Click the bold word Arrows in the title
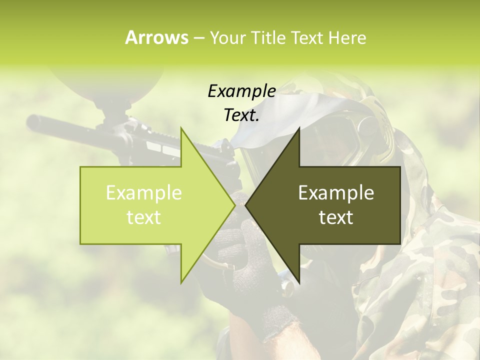tap(156, 37)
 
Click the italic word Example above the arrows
tap(241, 91)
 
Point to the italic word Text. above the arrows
tap(241, 115)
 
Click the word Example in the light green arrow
tap(144, 193)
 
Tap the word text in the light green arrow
tap(144, 217)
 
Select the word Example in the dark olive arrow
tap(336, 193)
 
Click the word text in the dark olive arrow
tap(336, 217)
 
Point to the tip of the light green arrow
tap(233, 205)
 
